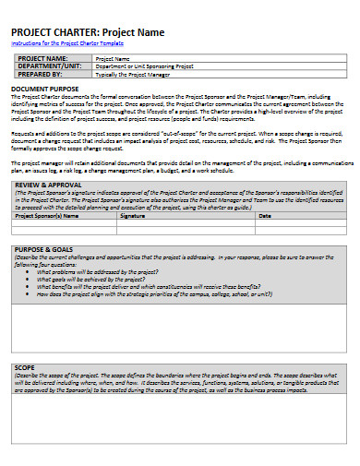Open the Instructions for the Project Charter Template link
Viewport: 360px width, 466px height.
click(67, 43)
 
